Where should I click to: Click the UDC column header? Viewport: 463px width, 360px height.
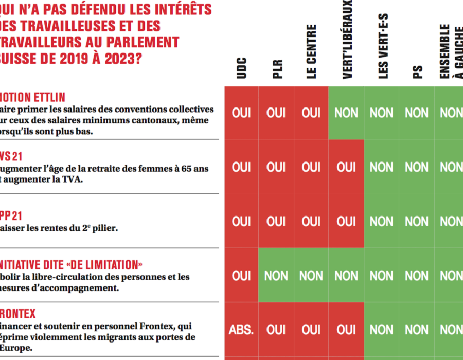pos(242,68)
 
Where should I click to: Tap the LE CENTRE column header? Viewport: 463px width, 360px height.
pos(311,52)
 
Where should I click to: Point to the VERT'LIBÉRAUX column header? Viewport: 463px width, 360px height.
pos(347,39)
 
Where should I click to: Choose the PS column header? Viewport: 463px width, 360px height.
pos(417,71)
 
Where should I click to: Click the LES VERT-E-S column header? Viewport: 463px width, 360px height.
pos(382,47)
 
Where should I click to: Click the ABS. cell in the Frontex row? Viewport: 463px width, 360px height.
pos(241,329)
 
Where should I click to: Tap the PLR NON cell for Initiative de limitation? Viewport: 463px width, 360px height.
pos(276,276)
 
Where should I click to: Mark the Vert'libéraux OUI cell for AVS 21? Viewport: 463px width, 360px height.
pos(346,167)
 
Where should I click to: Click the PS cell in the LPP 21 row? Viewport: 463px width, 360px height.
pos(417,222)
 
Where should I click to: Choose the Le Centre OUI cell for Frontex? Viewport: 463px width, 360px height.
pos(311,329)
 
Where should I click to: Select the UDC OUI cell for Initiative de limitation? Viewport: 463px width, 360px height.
pos(241,276)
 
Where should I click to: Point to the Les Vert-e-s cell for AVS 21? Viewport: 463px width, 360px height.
pos(382,167)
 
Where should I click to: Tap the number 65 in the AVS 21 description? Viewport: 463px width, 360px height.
pos(185,169)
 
